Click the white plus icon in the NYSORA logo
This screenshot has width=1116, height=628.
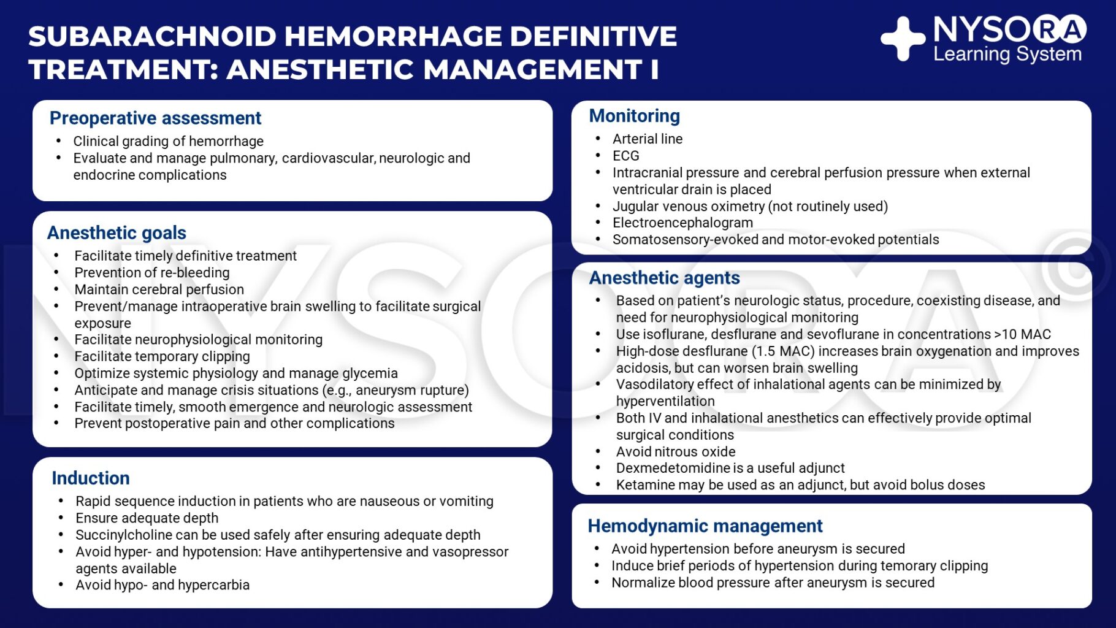click(903, 39)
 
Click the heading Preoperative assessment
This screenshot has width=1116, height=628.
click(155, 118)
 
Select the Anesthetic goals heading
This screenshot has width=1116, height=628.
click(117, 233)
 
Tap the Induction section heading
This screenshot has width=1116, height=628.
click(91, 478)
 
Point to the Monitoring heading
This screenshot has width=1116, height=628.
click(634, 116)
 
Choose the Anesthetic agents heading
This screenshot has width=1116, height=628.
click(664, 278)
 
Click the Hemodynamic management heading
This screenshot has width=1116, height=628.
click(705, 526)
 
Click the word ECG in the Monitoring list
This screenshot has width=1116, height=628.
click(625, 156)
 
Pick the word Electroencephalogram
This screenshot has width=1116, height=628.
click(682, 223)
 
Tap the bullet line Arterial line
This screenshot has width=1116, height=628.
click(647, 139)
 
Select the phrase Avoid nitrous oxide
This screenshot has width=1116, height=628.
click(675, 452)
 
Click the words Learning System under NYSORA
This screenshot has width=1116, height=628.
click(1007, 55)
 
